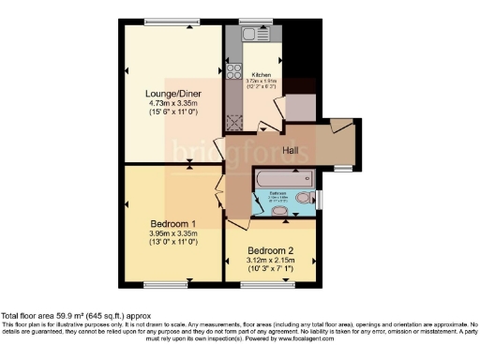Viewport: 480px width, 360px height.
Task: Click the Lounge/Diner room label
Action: click(170, 93)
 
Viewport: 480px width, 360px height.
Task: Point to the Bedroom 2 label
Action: click(271, 250)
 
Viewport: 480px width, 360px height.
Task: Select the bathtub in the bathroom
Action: click(286, 177)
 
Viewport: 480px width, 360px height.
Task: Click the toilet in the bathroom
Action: click(304, 199)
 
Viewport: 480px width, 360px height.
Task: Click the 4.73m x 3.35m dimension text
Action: click(170, 104)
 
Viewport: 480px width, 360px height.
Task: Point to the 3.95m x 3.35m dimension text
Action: click(173, 234)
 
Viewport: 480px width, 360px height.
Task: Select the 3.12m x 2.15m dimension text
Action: click(271, 261)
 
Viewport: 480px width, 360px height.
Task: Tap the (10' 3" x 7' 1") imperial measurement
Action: click(271, 270)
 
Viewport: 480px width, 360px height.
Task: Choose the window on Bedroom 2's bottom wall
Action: click(272, 283)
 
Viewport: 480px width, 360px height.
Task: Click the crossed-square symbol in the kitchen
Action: click(232, 120)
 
